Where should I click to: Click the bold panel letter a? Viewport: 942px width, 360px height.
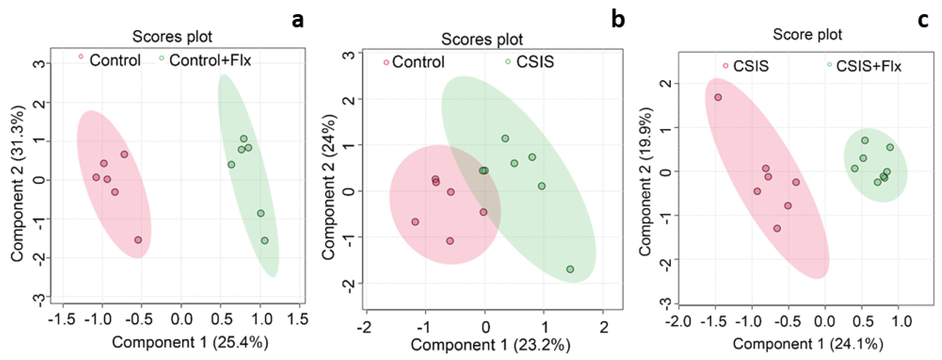[298, 20]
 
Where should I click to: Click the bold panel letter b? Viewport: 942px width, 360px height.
[618, 20]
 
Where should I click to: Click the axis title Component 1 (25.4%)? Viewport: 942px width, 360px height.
[190, 342]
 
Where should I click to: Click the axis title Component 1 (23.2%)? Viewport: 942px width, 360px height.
[490, 345]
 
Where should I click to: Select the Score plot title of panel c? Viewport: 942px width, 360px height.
[807, 35]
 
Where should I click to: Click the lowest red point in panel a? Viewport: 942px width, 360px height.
[138, 240]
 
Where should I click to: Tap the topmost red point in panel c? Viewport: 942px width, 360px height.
[718, 97]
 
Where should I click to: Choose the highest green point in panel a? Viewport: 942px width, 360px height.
[244, 139]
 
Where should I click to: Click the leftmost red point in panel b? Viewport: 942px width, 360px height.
[415, 222]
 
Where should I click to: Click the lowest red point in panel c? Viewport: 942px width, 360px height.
[777, 228]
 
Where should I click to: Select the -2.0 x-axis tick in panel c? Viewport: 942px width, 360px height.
[679, 322]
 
